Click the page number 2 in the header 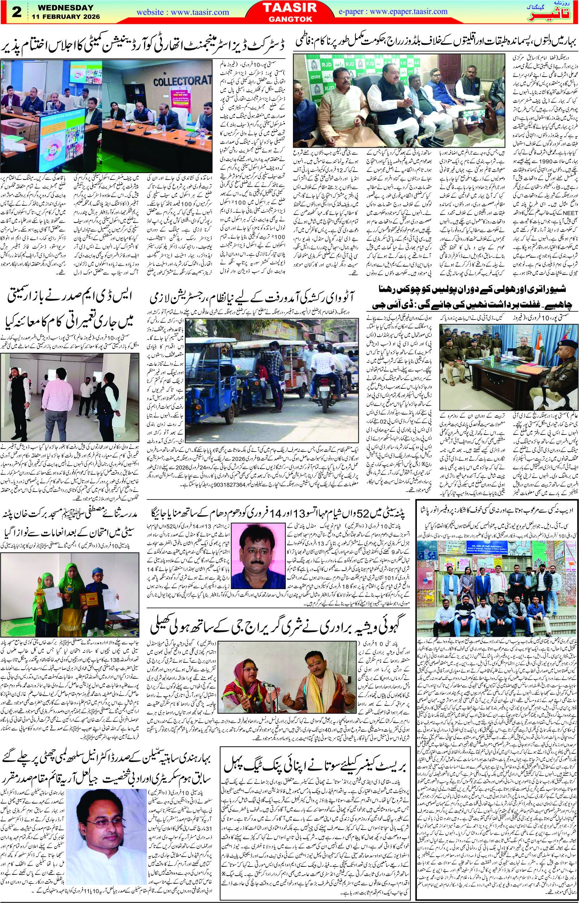pos(17,12)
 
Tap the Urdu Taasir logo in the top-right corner pos(556,14)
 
